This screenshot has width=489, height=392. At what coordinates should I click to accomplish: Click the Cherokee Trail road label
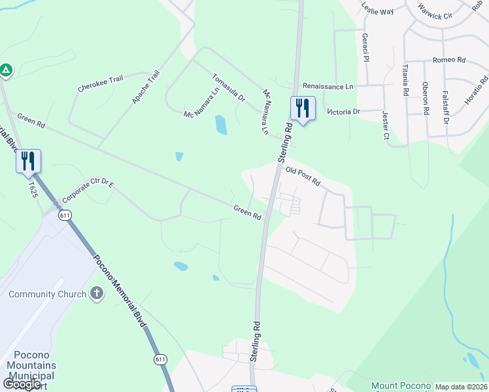pyautogui.click(x=100, y=84)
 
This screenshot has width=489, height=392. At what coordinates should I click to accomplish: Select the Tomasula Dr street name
pyautogui.click(x=228, y=88)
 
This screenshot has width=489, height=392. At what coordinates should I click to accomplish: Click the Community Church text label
pyautogui.click(x=47, y=294)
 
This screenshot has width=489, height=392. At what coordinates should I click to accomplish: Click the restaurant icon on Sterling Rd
pyautogui.click(x=302, y=108)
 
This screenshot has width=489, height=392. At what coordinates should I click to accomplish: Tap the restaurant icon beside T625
pyautogui.click(x=28, y=161)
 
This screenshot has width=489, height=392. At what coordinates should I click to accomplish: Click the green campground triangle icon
pyautogui.click(x=6, y=69)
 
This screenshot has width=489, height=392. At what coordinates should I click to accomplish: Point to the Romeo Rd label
pyautogui.click(x=448, y=60)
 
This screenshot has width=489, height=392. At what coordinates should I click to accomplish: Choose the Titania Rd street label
pyautogui.click(x=406, y=80)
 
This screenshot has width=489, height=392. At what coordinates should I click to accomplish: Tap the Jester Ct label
pyautogui.click(x=384, y=124)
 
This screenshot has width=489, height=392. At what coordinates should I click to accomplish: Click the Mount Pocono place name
pyautogui.click(x=401, y=386)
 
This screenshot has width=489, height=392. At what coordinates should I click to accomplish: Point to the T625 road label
pyautogui.click(x=33, y=189)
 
